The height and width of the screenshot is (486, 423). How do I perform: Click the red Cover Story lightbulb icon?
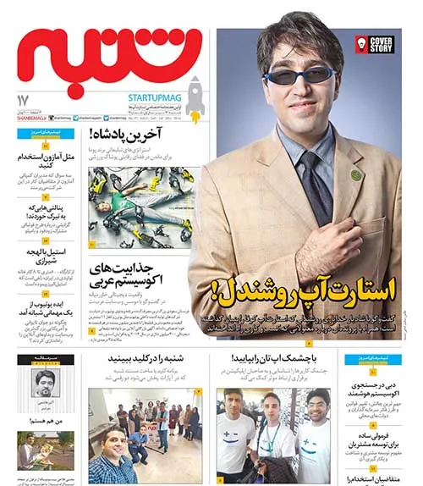point(362,44)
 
